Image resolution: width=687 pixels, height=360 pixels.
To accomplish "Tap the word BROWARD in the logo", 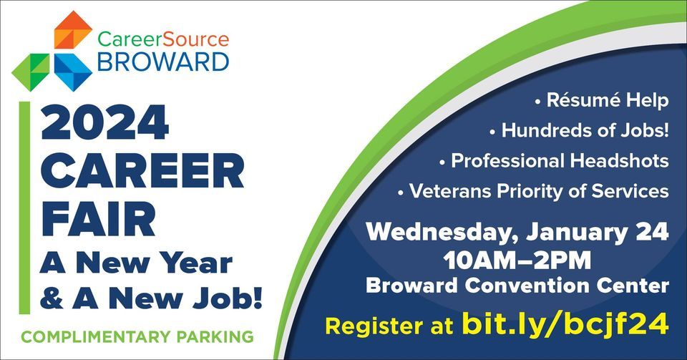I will tap(162, 62).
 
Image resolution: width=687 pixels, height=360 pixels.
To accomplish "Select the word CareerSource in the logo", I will tap(162, 39).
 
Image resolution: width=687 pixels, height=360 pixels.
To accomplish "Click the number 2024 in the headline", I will tap(105, 122).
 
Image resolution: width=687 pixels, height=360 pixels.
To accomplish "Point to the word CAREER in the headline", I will tap(142, 172).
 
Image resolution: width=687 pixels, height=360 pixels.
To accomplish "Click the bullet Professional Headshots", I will tap(560, 160).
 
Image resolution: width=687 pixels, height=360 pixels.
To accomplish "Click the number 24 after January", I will tap(653, 232).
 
